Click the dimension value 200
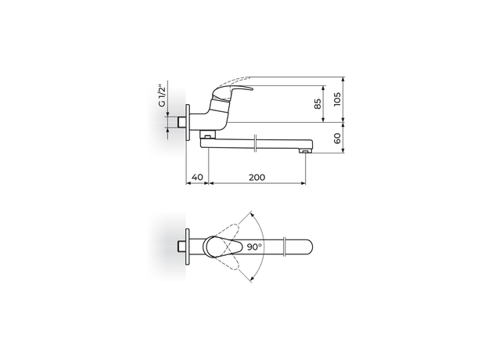coord(256,178)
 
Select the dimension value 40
coord(197,178)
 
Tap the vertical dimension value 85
coord(319,104)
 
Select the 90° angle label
coord(254,246)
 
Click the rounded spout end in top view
coord(310,246)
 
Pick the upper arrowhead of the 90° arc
coord(251,214)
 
